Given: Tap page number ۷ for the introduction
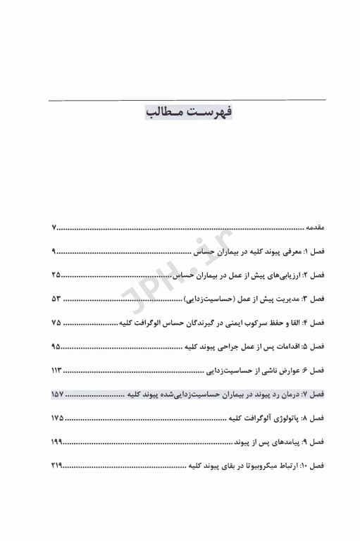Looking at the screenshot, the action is tap(54, 228).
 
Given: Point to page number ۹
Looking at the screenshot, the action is tap(54, 251).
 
